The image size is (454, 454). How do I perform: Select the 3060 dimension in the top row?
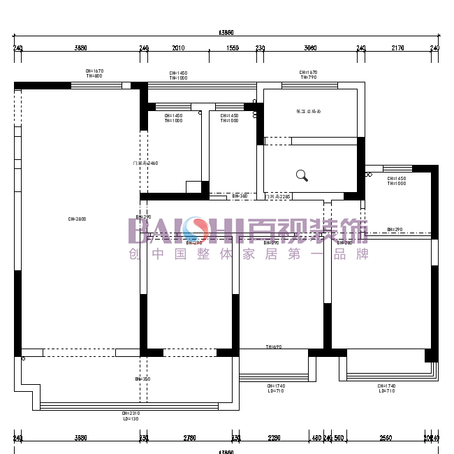[310, 48]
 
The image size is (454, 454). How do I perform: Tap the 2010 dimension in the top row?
[178, 48]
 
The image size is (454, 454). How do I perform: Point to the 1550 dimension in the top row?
[233, 48]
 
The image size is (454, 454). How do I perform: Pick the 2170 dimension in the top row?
[397, 48]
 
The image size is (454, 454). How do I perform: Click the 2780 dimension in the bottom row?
[189, 438]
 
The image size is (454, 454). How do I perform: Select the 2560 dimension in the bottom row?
[386, 438]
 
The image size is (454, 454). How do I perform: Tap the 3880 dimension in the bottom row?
[80, 438]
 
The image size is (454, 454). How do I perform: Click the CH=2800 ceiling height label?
[76, 219]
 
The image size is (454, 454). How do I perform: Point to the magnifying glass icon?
[302, 175]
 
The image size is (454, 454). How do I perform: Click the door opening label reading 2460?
[145, 163]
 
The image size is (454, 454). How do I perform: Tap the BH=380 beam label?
[240, 196]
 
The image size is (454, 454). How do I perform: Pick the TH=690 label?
[273, 346]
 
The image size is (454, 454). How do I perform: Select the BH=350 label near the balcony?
[142, 379]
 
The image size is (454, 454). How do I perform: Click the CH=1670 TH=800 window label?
[94, 73]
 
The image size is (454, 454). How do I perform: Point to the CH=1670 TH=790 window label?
[308, 75]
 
